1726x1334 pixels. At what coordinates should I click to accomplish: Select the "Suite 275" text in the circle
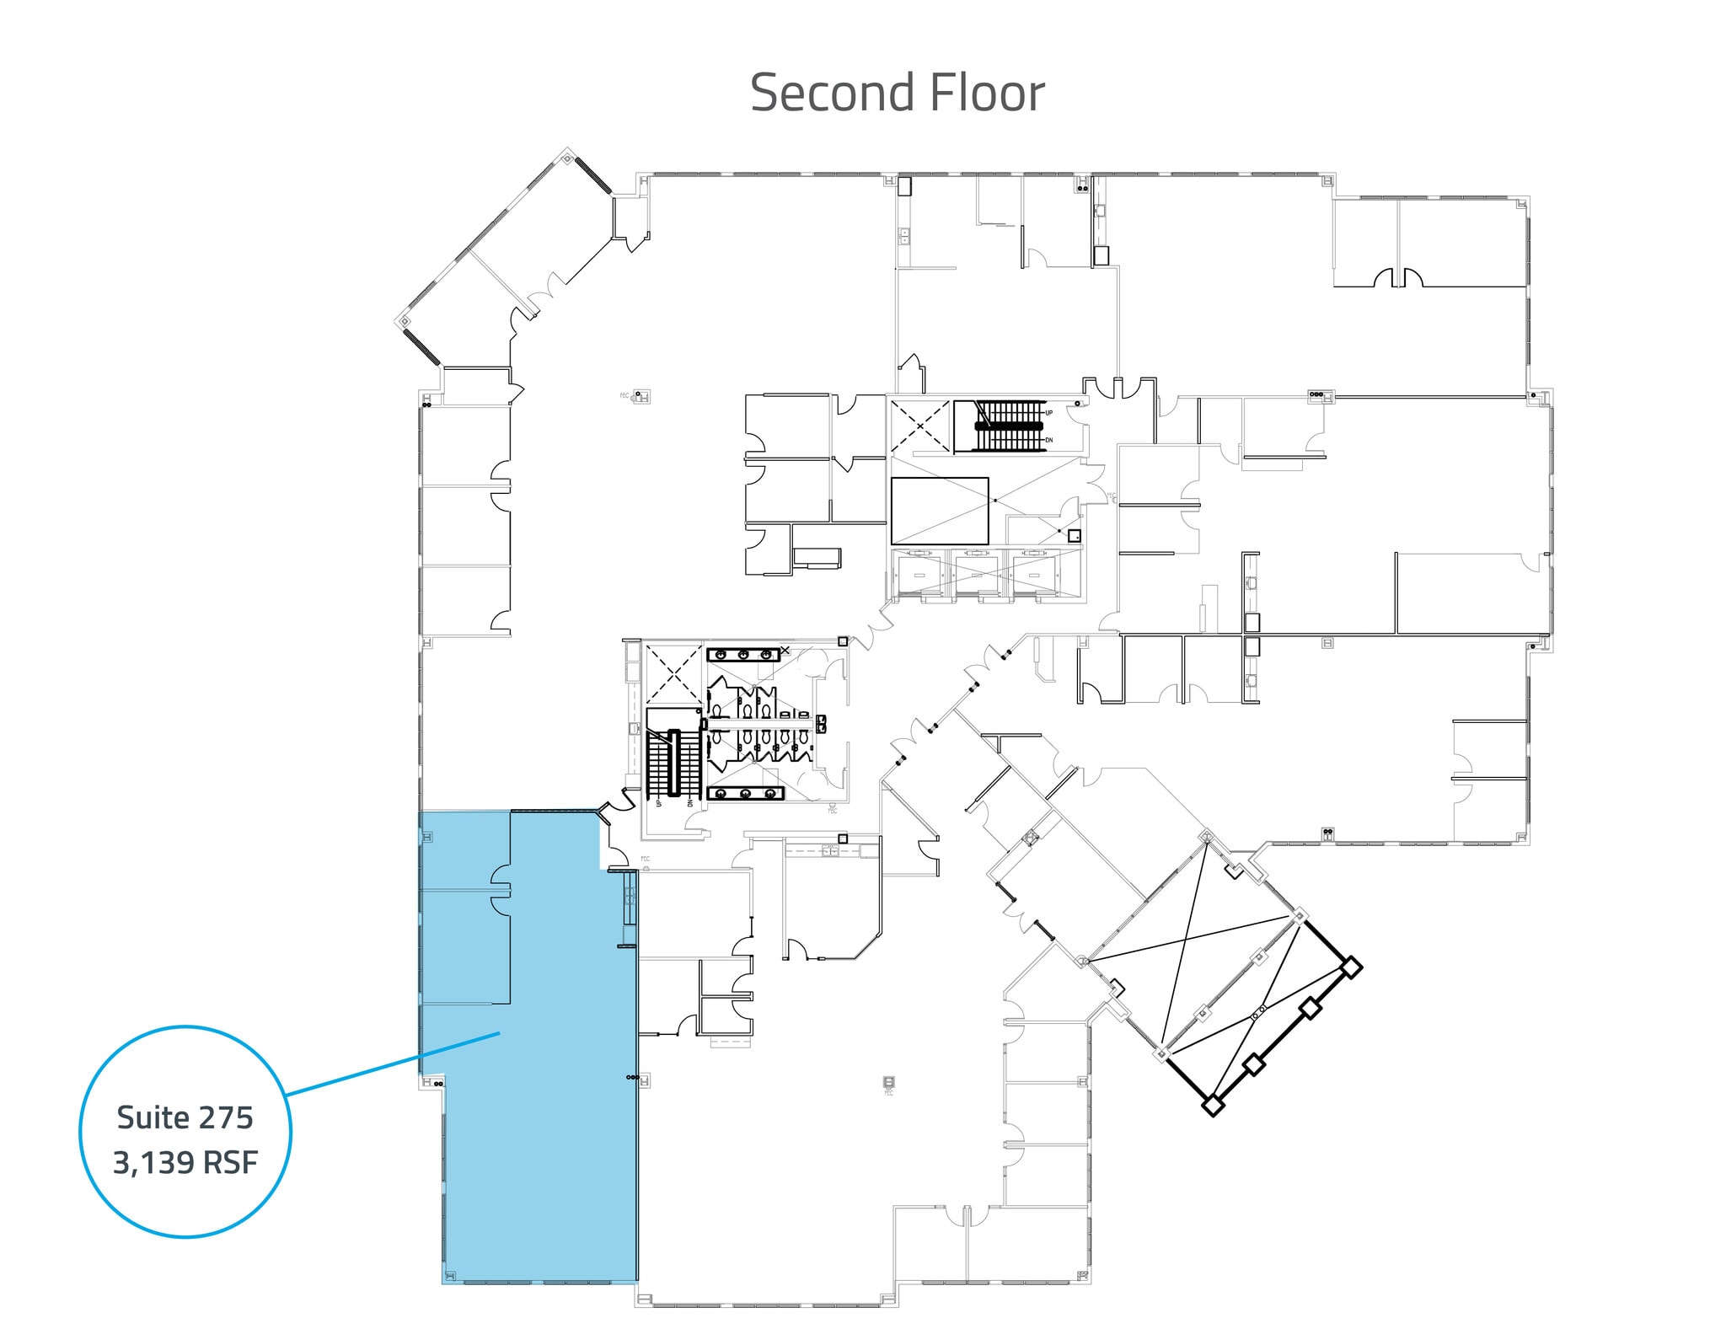[185, 1118]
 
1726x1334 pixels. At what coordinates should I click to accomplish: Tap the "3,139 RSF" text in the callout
[185, 1164]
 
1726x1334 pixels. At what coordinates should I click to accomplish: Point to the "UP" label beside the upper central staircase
[1049, 413]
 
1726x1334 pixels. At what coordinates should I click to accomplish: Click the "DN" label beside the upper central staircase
[1049, 440]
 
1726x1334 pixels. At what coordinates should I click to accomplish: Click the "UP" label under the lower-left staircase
[658, 802]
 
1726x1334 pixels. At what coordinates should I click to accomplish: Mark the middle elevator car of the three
[978, 575]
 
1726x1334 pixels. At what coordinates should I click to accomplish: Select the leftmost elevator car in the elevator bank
[920, 575]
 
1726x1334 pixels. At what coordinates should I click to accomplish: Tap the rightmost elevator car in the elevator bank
[1036, 575]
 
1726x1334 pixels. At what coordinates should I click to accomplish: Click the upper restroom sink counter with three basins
[744, 654]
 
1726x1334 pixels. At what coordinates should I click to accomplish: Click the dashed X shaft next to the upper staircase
[919, 426]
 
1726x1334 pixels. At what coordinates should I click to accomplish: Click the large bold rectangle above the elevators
[940, 511]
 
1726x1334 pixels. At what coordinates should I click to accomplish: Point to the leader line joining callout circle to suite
[393, 1062]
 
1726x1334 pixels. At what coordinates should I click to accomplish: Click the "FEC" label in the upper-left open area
[624, 395]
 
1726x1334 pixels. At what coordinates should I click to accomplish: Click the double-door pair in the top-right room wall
[1399, 277]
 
